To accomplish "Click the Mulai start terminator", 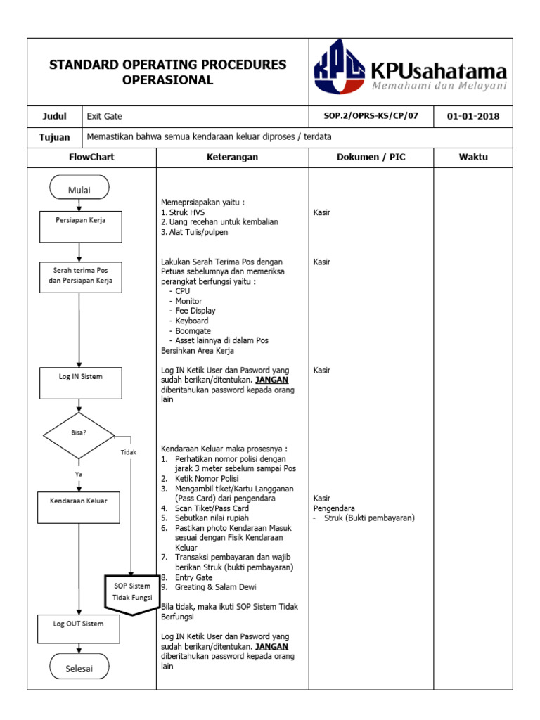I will click(x=79, y=188).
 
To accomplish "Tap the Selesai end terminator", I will click(x=79, y=669).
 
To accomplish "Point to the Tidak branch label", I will click(x=128, y=452).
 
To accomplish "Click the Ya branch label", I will click(x=79, y=473).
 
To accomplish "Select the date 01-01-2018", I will click(x=473, y=116).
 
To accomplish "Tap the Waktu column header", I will click(x=473, y=157).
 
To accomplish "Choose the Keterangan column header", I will click(x=232, y=157).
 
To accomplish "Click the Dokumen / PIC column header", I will click(x=371, y=157).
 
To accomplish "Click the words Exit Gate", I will click(x=105, y=116).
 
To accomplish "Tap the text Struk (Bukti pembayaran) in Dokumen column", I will click(x=370, y=518).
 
